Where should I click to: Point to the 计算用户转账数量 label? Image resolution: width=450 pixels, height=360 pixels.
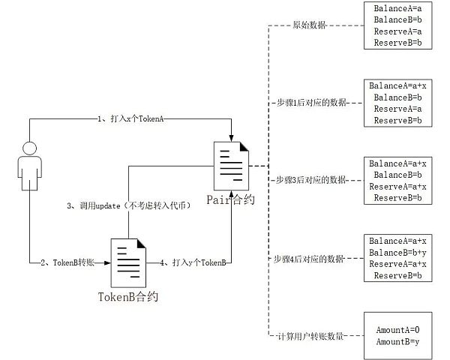[x=308, y=337]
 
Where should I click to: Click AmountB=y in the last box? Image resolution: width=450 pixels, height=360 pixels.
[x=397, y=342]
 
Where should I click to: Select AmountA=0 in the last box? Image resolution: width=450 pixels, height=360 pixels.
[x=397, y=330]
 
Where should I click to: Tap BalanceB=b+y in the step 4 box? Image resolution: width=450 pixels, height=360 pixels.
[x=397, y=253]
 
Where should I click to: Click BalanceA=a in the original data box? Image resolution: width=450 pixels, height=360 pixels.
[x=397, y=7]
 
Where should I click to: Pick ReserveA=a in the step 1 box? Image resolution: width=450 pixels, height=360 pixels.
[x=397, y=109]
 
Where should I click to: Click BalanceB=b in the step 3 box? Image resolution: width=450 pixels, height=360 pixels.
[x=397, y=175]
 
